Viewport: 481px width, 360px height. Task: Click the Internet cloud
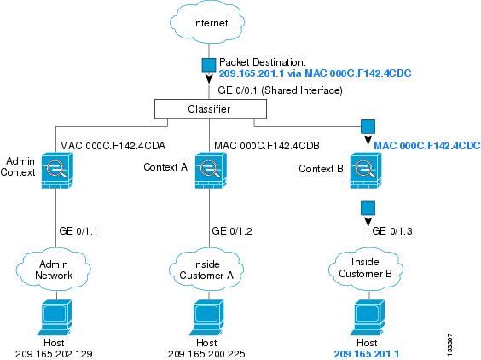coord(208,23)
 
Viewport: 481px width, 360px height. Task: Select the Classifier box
coord(211,109)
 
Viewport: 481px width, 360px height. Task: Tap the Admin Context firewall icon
coord(57,170)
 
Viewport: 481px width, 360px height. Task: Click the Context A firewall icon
coord(211,170)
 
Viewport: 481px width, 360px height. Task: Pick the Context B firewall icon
coord(366,170)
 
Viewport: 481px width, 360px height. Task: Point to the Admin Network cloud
coord(54,270)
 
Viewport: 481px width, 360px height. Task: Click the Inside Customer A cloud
coord(206,270)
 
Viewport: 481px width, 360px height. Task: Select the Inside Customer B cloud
coord(366,269)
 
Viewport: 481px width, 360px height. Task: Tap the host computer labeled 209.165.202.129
coord(55,317)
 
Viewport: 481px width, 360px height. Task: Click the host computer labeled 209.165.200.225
coord(207,317)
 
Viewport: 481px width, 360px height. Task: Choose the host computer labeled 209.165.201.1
coord(368,317)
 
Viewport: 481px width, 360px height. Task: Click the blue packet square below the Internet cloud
coord(209,65)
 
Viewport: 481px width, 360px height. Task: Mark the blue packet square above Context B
coord(368,126)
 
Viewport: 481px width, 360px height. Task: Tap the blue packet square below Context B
coord(368,208)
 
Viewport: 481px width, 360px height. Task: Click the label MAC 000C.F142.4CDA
coord(113,146)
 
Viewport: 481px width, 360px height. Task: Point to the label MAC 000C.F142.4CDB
coord(267,146)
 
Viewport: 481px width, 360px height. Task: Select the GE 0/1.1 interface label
coord(78,231)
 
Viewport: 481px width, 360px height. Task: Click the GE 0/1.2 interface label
coord(232,231)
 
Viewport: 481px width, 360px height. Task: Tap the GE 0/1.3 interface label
coord(392,231)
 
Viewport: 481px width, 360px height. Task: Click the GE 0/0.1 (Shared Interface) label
coord(280,90)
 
